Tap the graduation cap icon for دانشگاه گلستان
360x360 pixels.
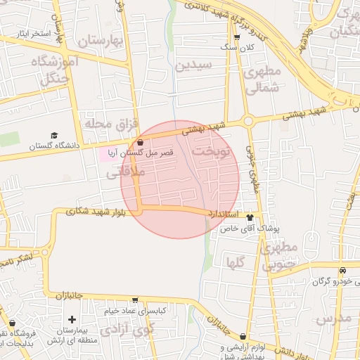(54, 136)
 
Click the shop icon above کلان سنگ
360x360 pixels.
(236, 37)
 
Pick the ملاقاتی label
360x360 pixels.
(129, 171)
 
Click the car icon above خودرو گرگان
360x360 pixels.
(342, 271)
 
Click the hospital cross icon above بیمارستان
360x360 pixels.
(72, 320)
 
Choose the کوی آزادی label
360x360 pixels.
(126, 329)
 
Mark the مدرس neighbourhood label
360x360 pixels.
(333, 320)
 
